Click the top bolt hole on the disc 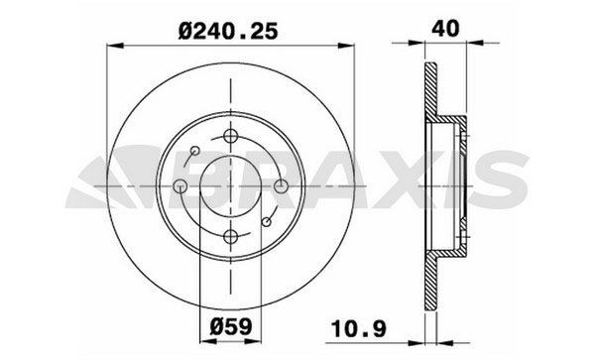[x=231, y=137]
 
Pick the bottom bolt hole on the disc [x=231, y=234]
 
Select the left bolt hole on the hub [x=181, y=186]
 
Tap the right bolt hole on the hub [x=281, y=185]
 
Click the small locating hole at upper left [x=195, y=151]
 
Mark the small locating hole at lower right [x=267, y=220]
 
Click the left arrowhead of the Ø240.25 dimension [x=111, y=45]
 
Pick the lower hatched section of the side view [x=429, y=283]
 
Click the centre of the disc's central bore [x=231, y=185]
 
